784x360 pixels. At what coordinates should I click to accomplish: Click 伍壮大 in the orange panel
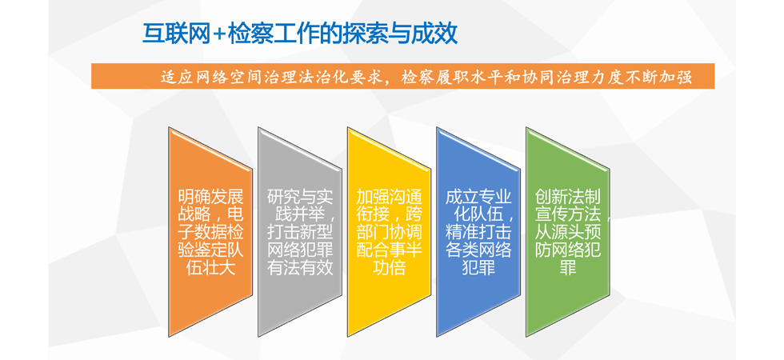[210, 267]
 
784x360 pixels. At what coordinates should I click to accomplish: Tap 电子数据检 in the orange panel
[210, 232]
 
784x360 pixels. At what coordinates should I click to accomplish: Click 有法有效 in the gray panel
[300, 267]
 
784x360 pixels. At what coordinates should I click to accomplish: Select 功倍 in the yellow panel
[389, 267]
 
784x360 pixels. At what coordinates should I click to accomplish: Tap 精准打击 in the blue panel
[478, 232]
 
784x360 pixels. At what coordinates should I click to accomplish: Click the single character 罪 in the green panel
[568, 267]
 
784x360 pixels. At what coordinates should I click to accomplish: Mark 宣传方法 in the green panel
[568, 214]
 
